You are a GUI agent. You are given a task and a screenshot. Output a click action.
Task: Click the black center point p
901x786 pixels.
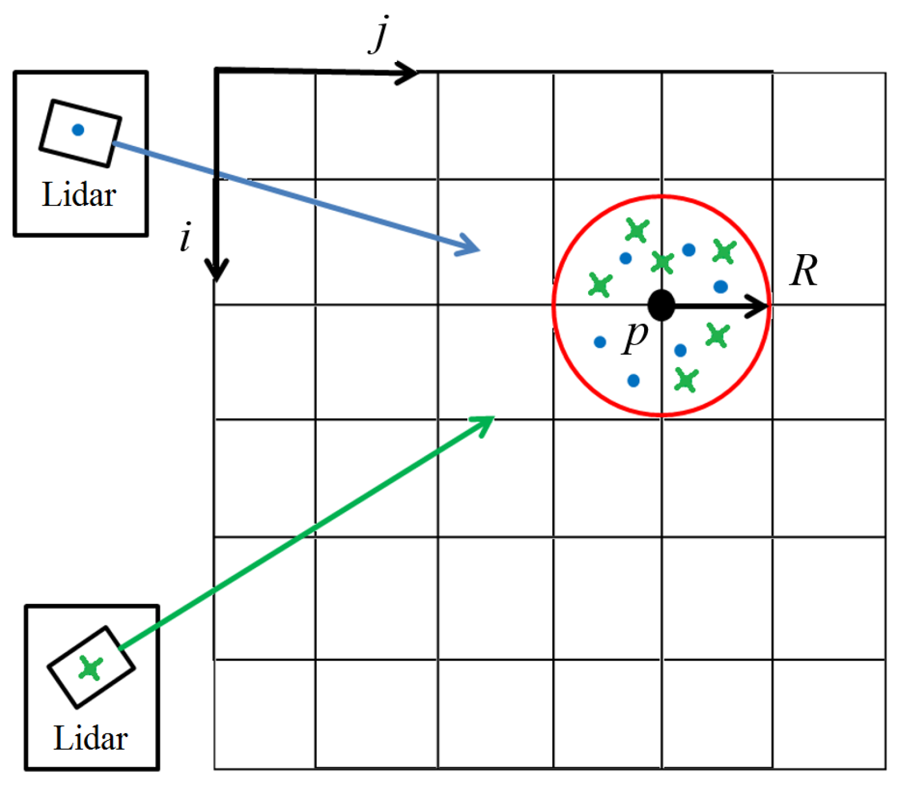pyautogui.click(x=661, y=305)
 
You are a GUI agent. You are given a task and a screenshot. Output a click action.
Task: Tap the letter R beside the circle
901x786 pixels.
pyautogui.click(x=803, y=271)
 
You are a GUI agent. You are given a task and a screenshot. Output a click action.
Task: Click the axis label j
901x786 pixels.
pyautogui.click(x=379, y=36)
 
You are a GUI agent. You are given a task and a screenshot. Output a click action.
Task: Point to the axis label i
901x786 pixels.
pyautogui.click(x=186, y=237)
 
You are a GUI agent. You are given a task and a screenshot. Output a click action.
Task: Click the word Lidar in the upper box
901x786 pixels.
pyautogui.click(x=79, y=195)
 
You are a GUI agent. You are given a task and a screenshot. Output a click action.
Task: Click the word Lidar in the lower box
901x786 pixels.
pyautogui.click(x=91, y=738)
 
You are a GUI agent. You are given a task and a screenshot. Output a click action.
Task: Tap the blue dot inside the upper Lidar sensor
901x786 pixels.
pyautogui.click(x=78, y=130)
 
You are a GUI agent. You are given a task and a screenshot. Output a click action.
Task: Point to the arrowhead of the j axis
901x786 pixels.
pyautogui.click(x=409, y=72)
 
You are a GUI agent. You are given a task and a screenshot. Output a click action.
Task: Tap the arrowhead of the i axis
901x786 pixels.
pyautogui.click(x=216, y=272)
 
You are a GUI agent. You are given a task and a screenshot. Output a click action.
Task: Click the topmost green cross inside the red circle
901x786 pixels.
pyautogui.click(x=637, y=231)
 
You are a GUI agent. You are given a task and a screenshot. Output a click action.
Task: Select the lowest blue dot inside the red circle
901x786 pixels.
pyautogui.click(x=633, y=380)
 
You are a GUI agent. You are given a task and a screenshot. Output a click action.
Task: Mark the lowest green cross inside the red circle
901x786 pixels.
pyautogui.click(x=686, y=380)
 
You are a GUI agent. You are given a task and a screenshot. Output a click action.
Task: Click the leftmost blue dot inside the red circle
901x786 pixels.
pyautogui.click(x=600, y=343)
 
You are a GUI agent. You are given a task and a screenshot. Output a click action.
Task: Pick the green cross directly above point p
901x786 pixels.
pyautogui.click(x=662, y=262)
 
